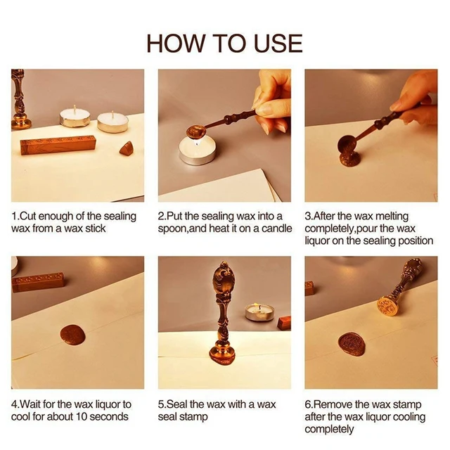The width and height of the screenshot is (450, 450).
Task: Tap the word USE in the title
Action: (276, 43)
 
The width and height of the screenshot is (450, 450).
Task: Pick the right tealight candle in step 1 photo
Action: (112, 122)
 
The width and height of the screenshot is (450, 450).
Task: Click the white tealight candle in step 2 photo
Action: (196, 152)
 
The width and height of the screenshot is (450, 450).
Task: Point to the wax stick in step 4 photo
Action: (39, 282)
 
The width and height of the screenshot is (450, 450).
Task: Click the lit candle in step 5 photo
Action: (258, 311)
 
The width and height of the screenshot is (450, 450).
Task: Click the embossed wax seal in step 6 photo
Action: (352, 344)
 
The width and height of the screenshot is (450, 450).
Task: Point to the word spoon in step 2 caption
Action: (174, 229)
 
